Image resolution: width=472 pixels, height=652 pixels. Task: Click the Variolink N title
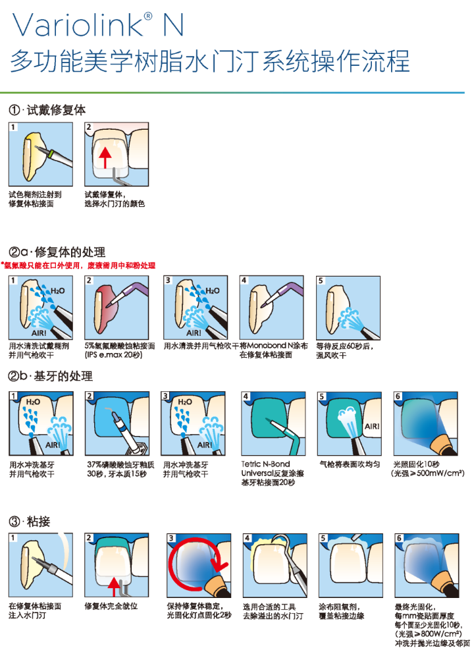(x=98, y=24)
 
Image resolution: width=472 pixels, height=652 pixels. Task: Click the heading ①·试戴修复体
(x=47, y=110)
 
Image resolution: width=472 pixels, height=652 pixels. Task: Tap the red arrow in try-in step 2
(x=105, y=157)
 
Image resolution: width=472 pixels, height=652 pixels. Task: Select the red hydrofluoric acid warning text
(x=78, y=265)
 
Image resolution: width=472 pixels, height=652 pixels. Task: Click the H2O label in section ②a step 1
(x=58, y=290)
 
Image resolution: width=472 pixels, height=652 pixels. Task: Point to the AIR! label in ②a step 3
(x=194, y=333)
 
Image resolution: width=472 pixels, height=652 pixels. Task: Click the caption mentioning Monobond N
(x=274, y=350)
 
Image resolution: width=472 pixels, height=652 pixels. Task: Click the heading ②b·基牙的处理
(x=50, y=376)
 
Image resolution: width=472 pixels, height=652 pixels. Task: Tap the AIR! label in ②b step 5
(x=372, y=426)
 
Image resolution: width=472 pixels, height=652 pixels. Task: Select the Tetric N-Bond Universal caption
(x=273, y=474)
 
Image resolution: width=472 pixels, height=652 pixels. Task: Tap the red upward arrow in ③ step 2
(x=113, y=586)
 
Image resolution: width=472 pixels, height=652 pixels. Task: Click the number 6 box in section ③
(x=399, y=538)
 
